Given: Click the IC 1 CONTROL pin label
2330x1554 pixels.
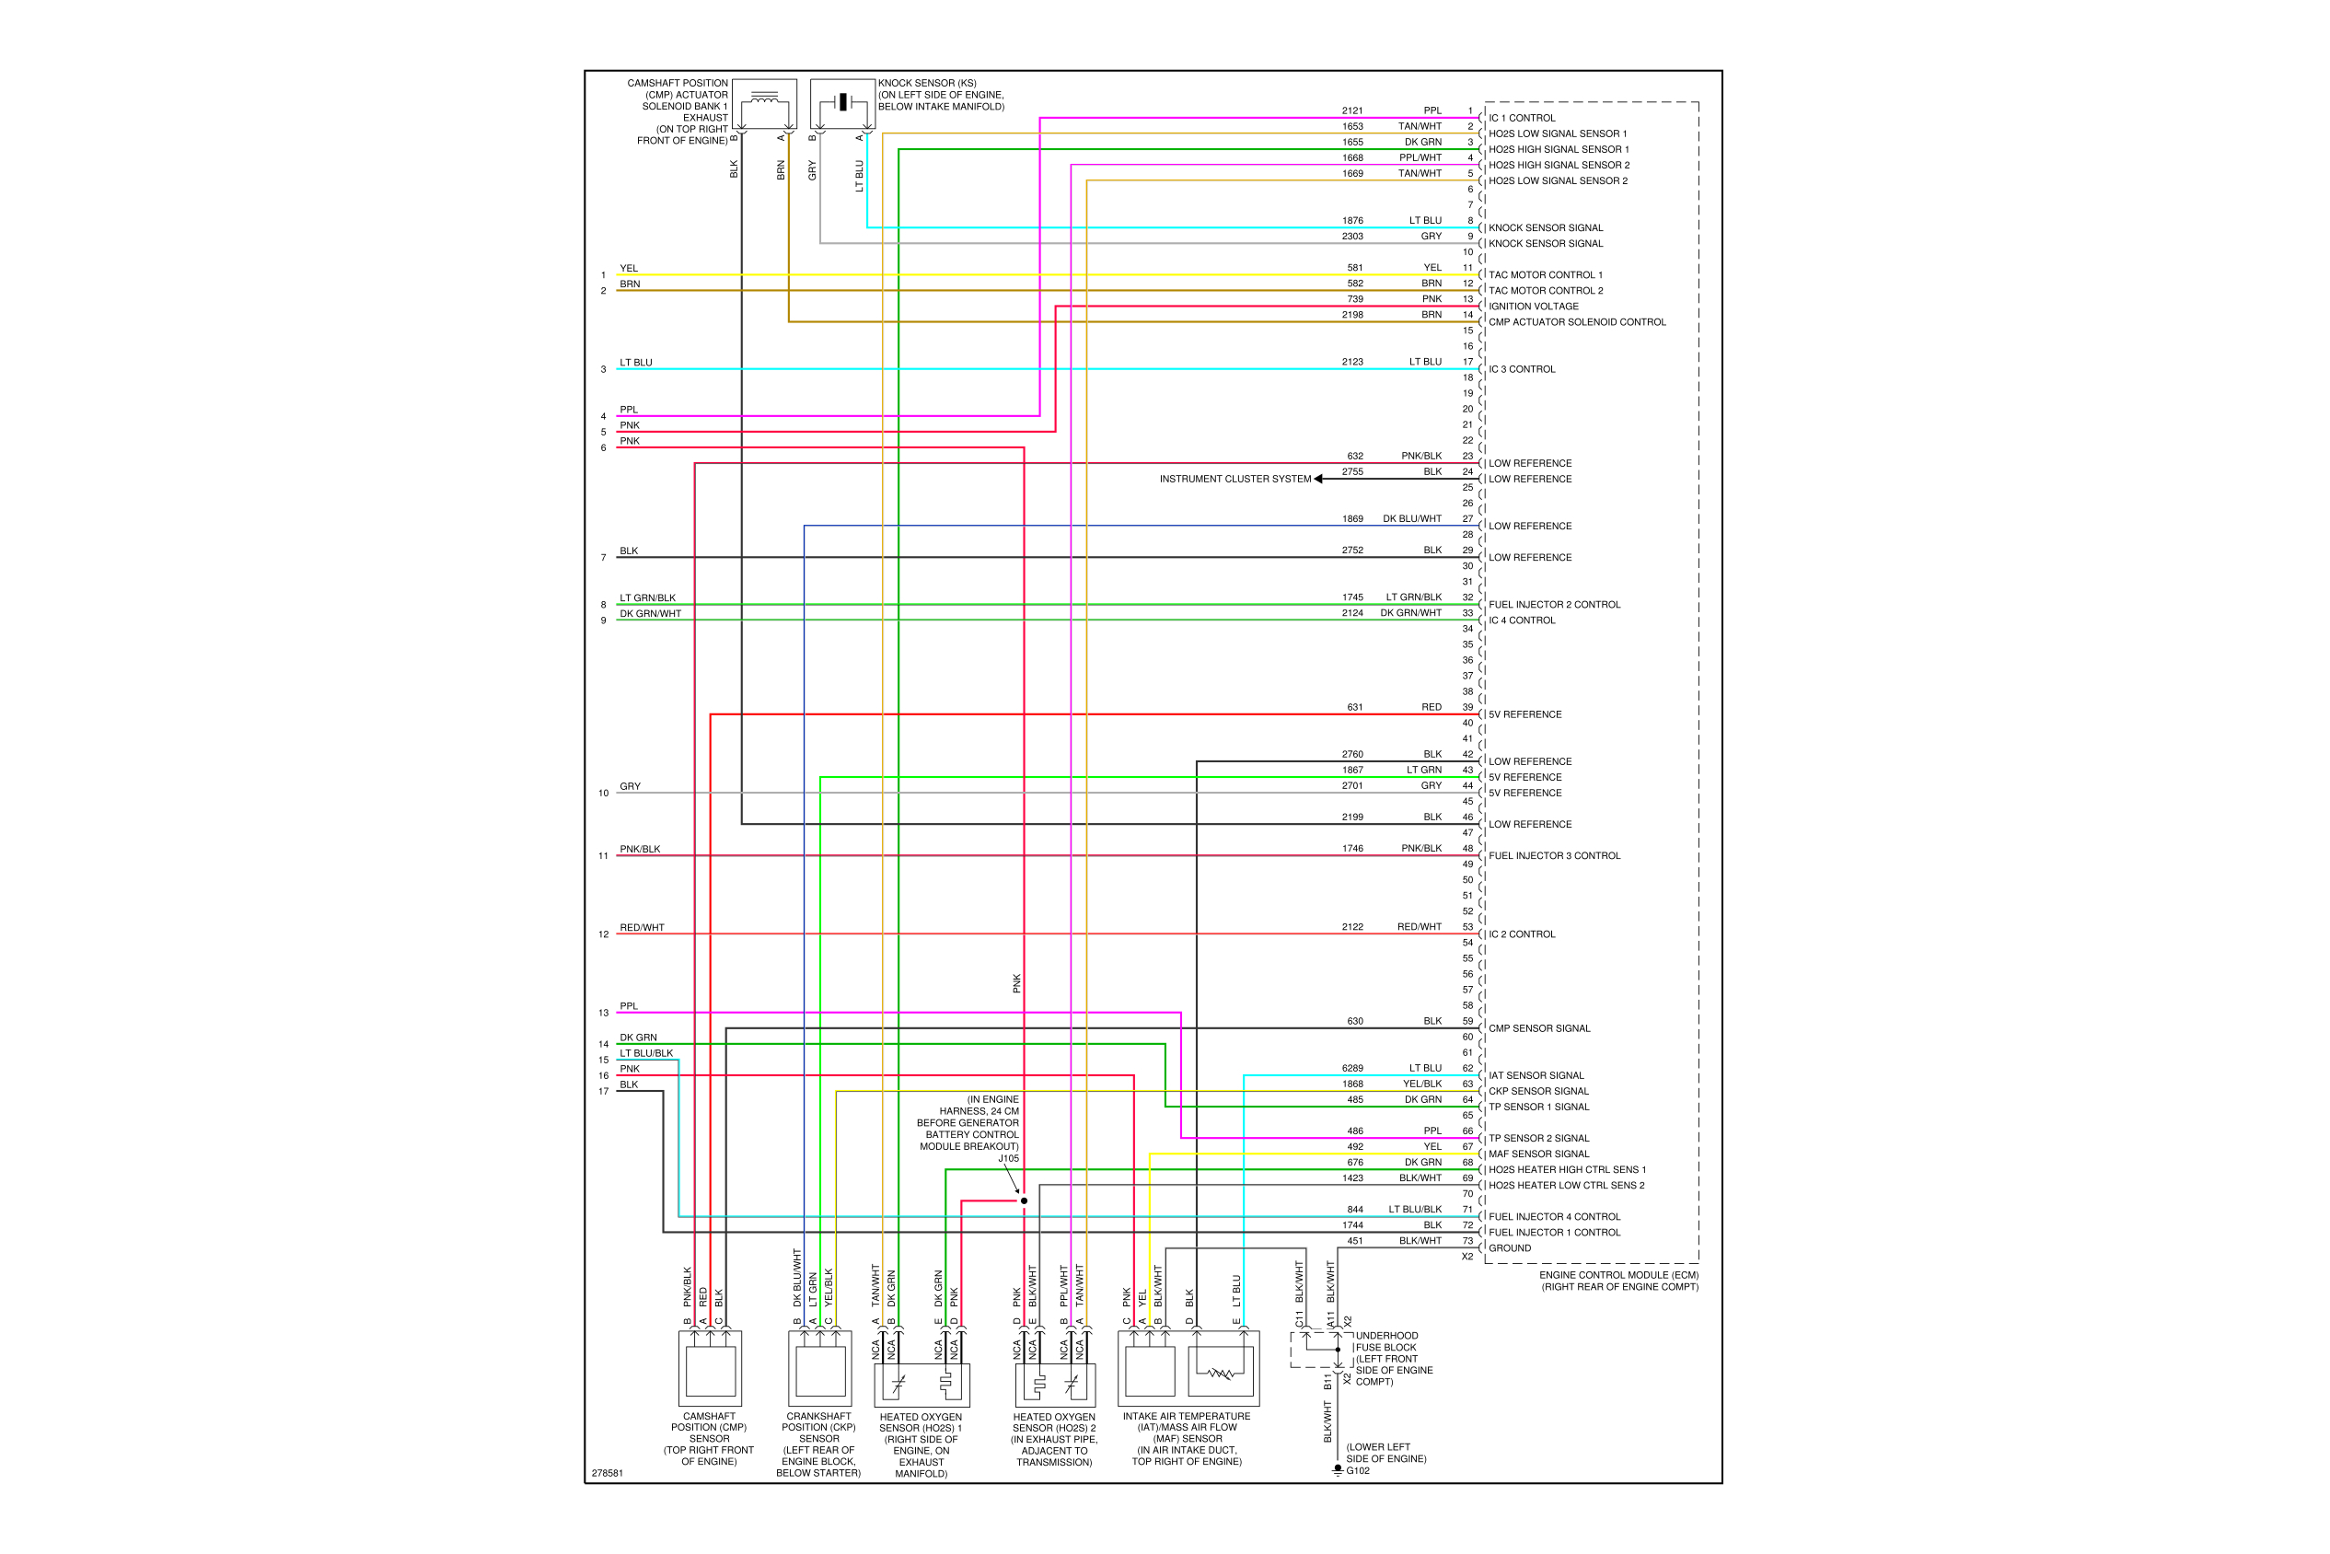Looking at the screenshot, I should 1522,118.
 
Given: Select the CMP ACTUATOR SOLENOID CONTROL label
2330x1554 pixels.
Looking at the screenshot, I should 1576,322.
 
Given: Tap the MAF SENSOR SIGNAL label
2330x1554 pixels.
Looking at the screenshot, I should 1538,1154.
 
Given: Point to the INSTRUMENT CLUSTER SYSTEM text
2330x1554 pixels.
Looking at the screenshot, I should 1235,479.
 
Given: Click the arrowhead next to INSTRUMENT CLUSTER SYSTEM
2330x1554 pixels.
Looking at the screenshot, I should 1318,479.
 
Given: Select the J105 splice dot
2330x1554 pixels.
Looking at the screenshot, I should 1024,1200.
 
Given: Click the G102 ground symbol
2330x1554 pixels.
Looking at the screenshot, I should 1337,1468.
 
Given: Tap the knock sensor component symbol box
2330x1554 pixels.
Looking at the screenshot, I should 841,103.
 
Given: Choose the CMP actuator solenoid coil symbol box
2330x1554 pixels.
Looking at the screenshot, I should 764,103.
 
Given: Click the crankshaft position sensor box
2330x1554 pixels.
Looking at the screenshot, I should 819,1368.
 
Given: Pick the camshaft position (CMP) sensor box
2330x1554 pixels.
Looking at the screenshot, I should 710,1368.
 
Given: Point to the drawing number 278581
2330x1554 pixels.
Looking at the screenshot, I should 608,1473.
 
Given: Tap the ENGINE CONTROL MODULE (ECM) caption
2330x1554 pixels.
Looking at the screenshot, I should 1618,1275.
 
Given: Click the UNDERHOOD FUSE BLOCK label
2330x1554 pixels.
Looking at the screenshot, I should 1386,1341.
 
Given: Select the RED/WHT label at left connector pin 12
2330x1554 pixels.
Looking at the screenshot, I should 643,928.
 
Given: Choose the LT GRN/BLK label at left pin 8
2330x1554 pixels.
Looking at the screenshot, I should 647,597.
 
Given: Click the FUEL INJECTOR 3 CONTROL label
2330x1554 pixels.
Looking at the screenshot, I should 1554,855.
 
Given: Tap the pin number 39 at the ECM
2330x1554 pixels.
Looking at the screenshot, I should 1467,708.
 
